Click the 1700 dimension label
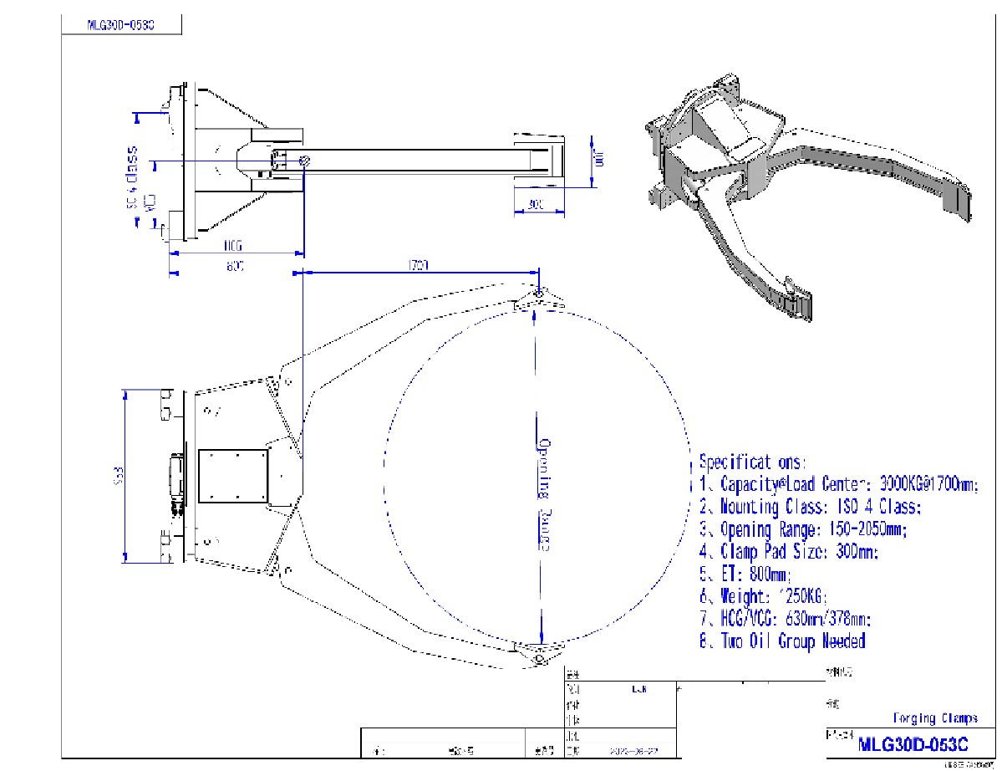coord(419,265)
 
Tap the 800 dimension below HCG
coord(234,266)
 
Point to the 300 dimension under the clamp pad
coord(536,204)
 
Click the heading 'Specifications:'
coord(753,462)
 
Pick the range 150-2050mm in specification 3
coord(868,529)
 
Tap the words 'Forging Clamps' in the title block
coord(935,718)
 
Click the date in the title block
coord(635,751)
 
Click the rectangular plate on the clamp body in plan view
coord(233,476)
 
